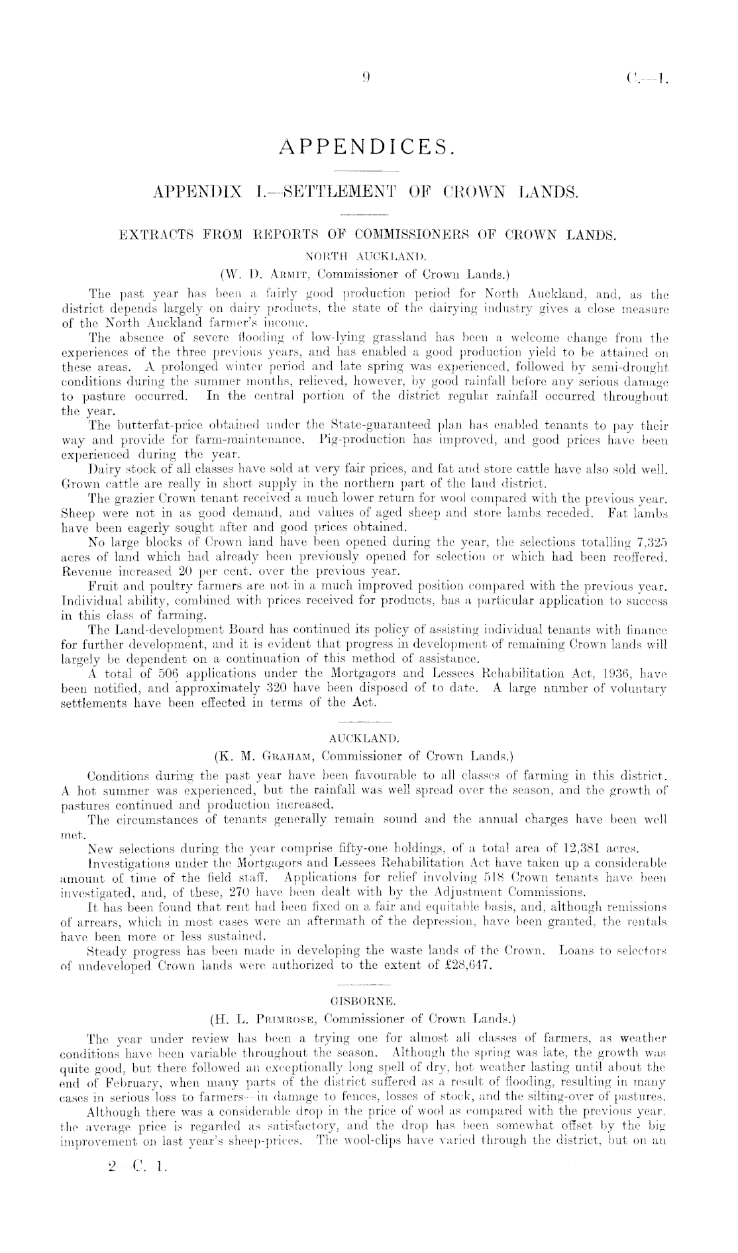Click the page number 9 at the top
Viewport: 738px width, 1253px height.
click(x=366, y=77)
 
